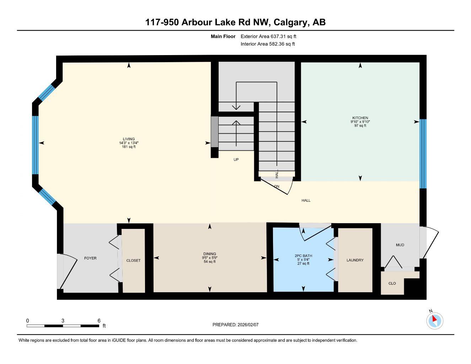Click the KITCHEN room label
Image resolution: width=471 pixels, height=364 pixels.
(360, 118)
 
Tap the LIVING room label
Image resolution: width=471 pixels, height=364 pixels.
(129, 139)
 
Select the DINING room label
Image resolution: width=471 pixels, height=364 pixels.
(210, 254)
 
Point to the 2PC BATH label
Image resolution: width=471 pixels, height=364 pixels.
(303, 256)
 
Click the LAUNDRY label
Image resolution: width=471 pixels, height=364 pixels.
(355, 260)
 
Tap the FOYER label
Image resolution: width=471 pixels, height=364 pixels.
(90, 258)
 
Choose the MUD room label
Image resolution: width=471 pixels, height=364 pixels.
(400, 245)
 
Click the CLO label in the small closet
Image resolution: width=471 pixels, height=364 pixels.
(392, 283)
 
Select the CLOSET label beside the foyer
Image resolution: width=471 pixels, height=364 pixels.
(133, 261)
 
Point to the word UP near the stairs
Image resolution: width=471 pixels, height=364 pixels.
(236, 160)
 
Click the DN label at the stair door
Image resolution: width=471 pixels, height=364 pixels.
(277, 186)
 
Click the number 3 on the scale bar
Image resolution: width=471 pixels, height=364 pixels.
(63, 321)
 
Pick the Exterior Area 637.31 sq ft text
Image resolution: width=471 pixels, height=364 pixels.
(268, 36)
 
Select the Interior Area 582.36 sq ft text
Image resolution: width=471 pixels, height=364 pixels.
(268, 44)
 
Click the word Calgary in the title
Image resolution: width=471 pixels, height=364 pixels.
(291, 22)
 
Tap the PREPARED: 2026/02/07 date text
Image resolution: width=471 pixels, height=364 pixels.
(235, 325)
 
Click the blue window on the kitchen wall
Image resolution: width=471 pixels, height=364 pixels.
(423, 154)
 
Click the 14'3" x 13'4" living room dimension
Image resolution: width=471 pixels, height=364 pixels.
(129, 143)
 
